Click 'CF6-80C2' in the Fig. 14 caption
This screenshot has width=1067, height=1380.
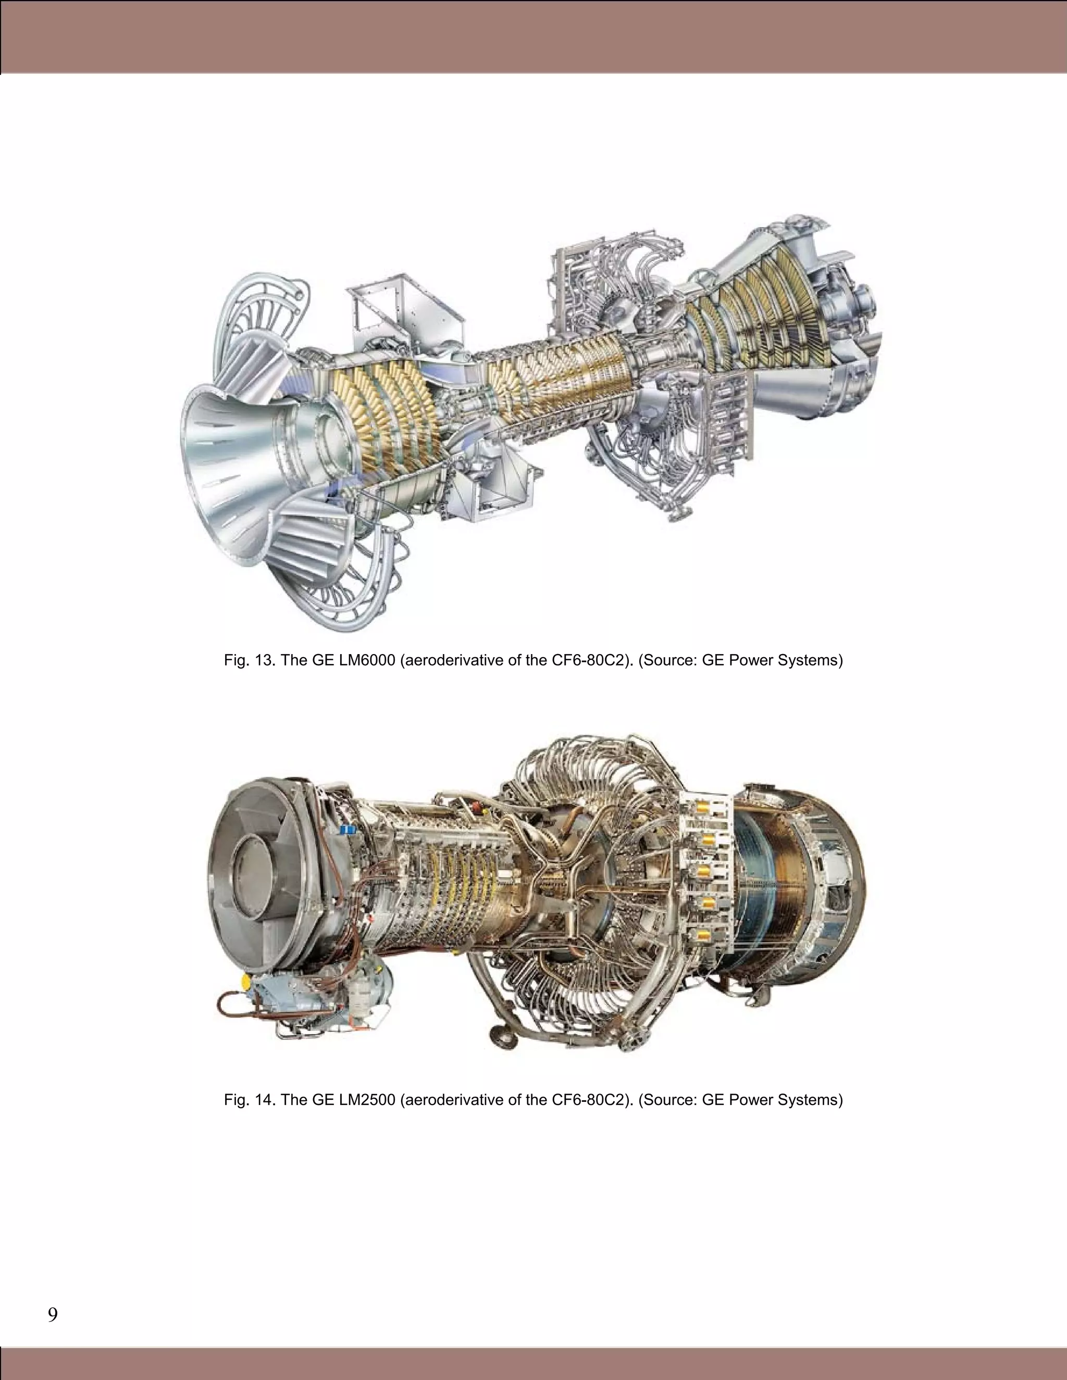coord(590,1100)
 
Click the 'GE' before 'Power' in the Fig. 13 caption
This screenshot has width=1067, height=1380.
coord(713,661)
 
